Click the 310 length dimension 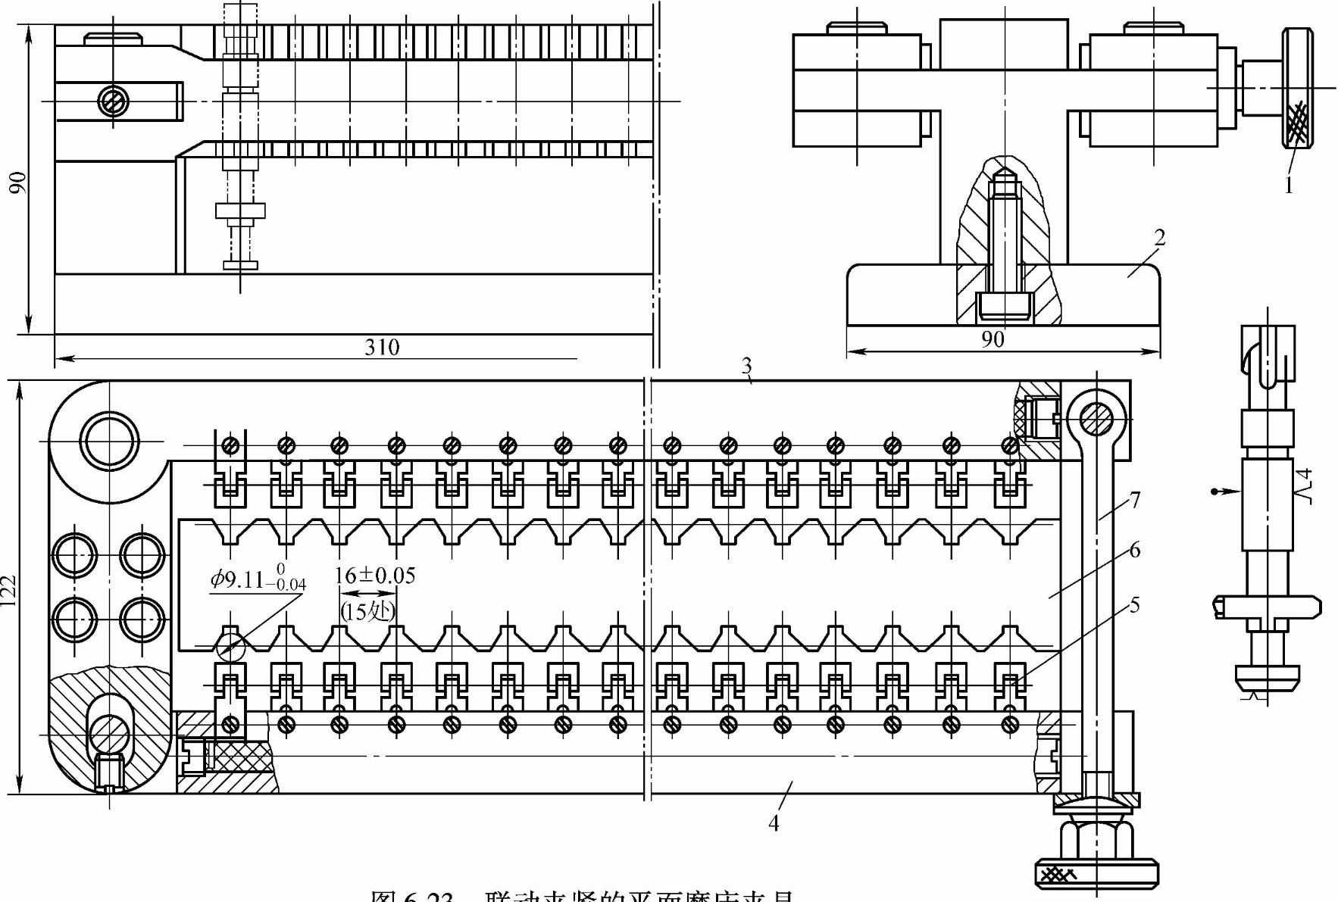(x=382, y=347)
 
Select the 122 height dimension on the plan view (x=10, y=588)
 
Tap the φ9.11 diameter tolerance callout (x=258, y=579)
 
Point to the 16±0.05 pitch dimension (x=375, y=576)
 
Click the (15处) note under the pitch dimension (x=367, y=610)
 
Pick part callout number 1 (x=1289, y=185)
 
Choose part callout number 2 (x=1159, y=238)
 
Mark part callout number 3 (x=746, y=367)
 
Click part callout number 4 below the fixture (x=774, y=822)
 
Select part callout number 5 (x=1134, y=604)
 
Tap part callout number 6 (x=1134, y=550)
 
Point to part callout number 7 (x=1134, y=500)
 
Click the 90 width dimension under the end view (x=993, y=339)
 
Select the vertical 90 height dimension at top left (x=18, y=182)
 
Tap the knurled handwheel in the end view (x=1298, y=88)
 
